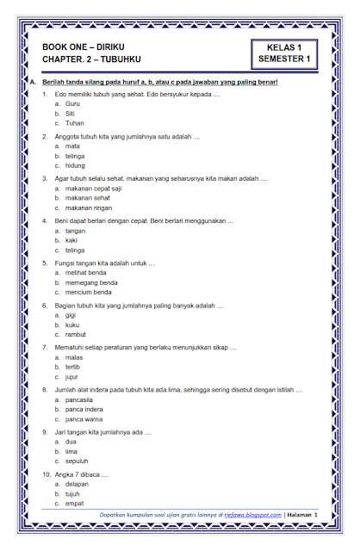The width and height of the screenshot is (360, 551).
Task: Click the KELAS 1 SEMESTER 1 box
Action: (285, 53)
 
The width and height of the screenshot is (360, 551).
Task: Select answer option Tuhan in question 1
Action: (74, 123)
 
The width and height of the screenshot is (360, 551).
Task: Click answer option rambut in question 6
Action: (76, 334)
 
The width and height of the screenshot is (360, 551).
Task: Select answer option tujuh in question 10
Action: (74, 492)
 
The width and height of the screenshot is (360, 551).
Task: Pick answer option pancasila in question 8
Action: (84, 398)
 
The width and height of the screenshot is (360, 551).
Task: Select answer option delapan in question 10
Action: (79, 482)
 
